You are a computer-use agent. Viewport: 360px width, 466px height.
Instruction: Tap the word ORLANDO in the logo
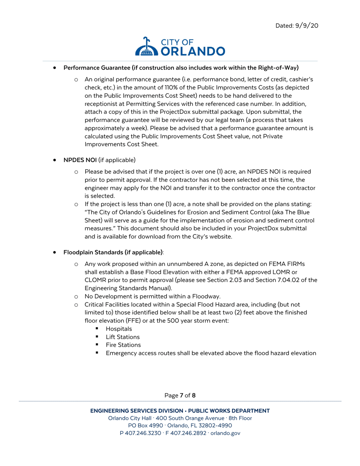point(193,51)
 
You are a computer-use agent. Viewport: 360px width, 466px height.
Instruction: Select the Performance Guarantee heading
point(181,68)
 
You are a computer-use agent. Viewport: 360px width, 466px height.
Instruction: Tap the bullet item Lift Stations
point(122,337)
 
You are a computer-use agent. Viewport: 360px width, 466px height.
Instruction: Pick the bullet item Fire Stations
point(123,345)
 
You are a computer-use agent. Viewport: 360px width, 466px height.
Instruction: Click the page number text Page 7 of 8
point(180,396)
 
